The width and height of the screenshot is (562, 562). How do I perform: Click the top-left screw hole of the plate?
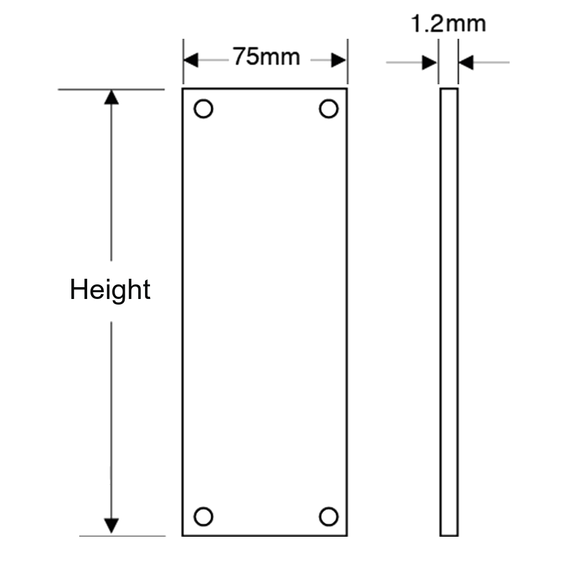pos(203,108)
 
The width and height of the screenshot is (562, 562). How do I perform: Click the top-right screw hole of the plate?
pos(329,108)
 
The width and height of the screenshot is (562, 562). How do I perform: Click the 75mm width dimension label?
pos(266,57)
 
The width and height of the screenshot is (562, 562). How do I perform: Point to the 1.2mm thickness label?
pos(448,24)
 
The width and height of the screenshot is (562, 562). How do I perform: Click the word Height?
pos(111,291)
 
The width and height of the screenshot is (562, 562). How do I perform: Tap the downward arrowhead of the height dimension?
pos(112,526)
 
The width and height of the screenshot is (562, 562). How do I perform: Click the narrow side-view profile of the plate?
pos(448,309)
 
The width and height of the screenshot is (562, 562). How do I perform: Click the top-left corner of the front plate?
pos(182,88)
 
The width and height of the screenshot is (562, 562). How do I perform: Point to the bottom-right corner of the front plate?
pos(348,535)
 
